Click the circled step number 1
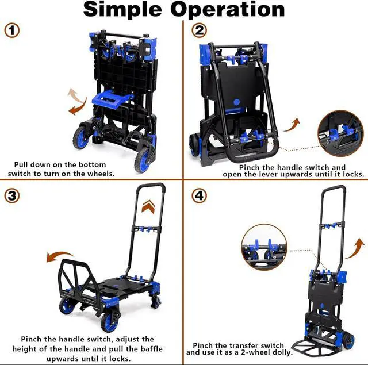[x=11, y=31]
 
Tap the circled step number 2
[x=200, y=31]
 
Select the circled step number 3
[x=11, y=195]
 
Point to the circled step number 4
[x=200, y=195]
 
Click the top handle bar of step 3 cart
[x=151, y=187]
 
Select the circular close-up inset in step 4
[x=263, y=247]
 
